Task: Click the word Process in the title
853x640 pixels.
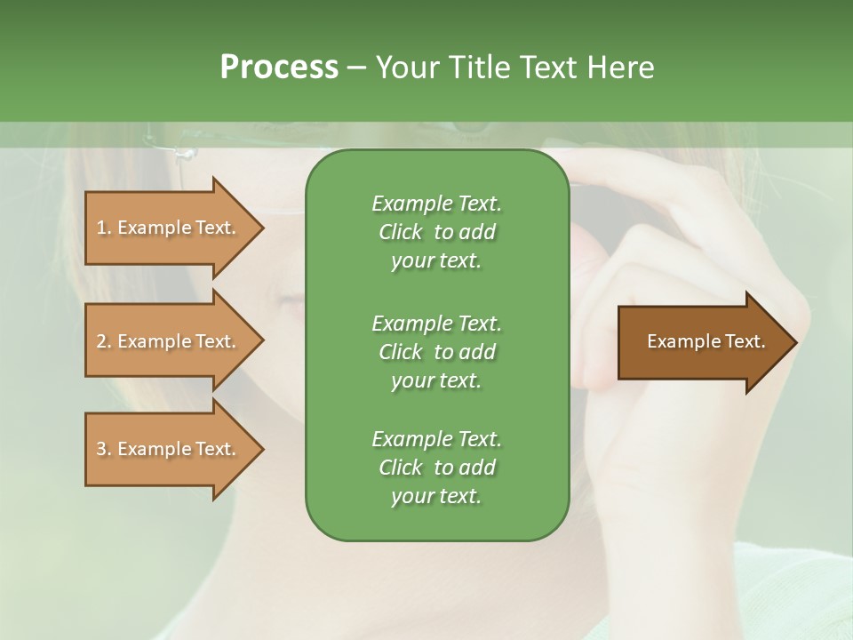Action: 279,68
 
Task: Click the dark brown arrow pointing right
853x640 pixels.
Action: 702,341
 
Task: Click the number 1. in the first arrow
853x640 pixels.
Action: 104,228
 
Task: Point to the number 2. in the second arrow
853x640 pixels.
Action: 104,341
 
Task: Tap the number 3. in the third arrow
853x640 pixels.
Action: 104,449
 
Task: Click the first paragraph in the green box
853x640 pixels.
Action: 436,232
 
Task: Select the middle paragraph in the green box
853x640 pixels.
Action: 436,352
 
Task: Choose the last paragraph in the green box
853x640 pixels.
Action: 436,468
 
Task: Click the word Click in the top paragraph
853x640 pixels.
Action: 401,232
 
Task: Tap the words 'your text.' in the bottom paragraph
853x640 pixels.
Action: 436,496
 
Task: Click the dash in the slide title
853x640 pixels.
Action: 356,68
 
